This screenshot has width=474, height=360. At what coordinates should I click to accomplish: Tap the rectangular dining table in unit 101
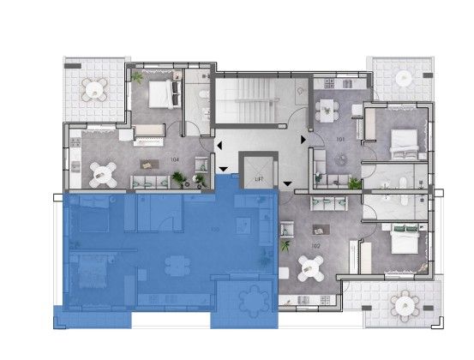pos(327,110)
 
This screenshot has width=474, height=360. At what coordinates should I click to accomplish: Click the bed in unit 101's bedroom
pos(402,143)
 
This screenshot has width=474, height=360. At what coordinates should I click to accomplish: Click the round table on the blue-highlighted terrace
pos(252,300)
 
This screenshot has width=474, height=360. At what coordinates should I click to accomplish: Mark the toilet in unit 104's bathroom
pos(198,94)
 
